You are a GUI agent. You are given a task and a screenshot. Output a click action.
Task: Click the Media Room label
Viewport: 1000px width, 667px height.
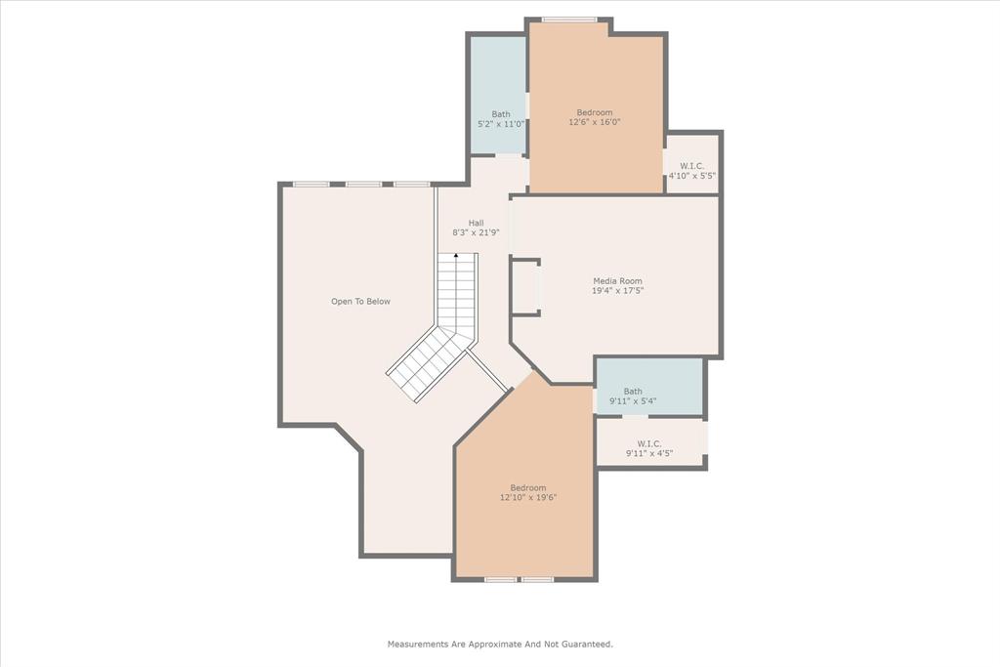point(617,281)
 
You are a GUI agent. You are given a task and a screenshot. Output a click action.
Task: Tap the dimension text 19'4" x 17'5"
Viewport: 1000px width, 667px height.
point(617,291)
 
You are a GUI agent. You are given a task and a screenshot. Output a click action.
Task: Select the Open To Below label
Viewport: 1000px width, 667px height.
point(360,302)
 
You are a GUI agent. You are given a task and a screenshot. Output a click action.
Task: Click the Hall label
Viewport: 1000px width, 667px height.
point(476,223)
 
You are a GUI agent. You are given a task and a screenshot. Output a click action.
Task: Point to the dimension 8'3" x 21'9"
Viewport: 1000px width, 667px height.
point(476,233)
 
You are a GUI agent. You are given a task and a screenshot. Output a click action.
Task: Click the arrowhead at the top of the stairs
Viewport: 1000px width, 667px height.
point(456,256)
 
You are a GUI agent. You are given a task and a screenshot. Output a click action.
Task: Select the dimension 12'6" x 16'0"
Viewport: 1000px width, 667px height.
point(595,123)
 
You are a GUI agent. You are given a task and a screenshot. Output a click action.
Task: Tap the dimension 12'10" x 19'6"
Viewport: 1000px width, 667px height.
point(528,498)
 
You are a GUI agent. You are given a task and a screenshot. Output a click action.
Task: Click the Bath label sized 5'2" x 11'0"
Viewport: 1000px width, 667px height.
point(500,114)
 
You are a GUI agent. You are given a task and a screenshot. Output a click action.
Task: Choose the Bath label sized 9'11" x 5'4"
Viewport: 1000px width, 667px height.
point(633,392)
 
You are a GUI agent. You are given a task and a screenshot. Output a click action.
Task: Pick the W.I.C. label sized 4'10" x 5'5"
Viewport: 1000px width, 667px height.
point(691,166)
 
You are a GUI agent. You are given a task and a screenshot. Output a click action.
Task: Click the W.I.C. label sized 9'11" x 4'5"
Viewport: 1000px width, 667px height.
point(649,443)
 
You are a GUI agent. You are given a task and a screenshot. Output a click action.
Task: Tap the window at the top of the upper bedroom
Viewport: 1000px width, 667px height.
point(569,20)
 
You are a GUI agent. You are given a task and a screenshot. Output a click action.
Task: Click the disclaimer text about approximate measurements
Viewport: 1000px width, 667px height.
point(500,645)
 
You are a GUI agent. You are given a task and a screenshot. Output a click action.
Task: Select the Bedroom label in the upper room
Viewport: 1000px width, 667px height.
point(595,112)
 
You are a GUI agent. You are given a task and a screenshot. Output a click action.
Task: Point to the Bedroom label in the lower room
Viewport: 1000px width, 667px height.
point(528,487)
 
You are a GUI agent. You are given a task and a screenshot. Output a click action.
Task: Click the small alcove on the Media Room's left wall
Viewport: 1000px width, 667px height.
point(524,287)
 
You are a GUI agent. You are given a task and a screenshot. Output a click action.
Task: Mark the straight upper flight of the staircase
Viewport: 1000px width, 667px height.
point(456,293)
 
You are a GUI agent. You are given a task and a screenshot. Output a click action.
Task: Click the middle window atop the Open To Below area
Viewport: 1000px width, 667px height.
point(363,184)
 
